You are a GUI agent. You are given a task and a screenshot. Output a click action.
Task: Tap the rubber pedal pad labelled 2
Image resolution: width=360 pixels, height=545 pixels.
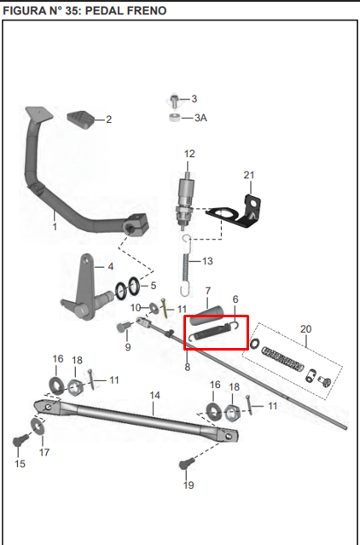(81, 119)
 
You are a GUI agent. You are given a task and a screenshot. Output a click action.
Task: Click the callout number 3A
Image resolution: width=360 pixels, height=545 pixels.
(200, 118)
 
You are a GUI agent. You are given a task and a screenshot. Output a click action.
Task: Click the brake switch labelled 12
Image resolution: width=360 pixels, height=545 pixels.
(185, 201)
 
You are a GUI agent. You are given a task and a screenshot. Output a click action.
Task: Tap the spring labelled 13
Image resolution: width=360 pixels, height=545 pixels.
(186, 266)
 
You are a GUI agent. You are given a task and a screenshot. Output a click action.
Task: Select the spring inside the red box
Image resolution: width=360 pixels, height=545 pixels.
(213, 333)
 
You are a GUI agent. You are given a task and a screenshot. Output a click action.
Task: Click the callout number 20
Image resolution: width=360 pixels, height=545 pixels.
(305, 329)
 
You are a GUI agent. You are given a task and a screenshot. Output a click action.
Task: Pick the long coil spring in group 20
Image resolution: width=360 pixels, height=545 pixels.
(283, 359)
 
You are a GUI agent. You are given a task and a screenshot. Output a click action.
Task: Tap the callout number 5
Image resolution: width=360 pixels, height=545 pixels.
(154, 286)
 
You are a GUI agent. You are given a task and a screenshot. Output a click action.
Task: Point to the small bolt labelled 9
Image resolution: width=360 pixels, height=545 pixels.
(124, 326)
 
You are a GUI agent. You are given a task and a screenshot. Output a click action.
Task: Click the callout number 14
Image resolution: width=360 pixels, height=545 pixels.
(154, 395)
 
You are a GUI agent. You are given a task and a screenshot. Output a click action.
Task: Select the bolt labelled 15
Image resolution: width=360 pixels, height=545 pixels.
(20, 442)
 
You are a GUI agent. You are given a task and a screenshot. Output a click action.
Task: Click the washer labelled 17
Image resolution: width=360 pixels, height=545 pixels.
(38, 426)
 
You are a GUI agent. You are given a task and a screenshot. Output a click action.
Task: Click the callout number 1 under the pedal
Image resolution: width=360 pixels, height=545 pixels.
(55, 227)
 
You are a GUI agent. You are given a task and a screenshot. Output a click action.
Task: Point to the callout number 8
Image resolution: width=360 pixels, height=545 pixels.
(188, 367)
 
